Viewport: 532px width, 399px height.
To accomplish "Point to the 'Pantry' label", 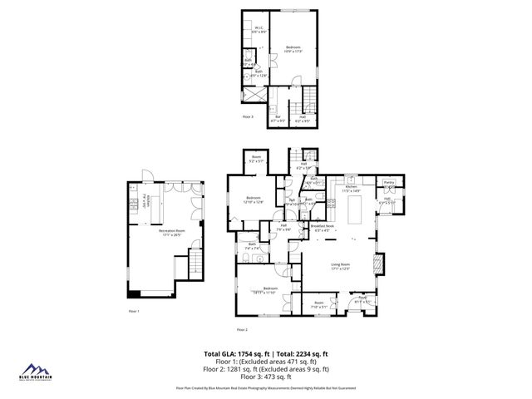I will click(388, 181).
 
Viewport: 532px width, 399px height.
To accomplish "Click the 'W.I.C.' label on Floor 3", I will click(259, 29).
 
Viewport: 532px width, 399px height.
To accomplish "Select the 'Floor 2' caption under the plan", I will click(241, 329).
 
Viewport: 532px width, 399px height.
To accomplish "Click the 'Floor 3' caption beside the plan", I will click(248, 117).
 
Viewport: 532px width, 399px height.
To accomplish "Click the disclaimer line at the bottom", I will click(266, 387).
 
